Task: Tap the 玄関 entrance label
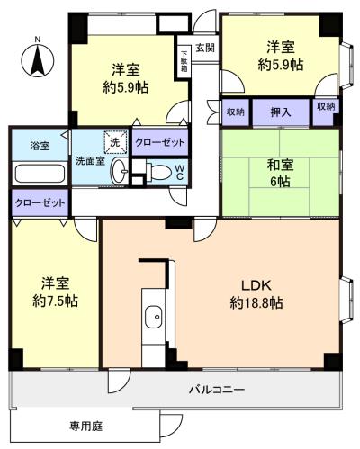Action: [205, 48]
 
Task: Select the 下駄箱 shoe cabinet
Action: [184, 60]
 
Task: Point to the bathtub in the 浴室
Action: [40, 173]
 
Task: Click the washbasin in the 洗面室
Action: [119, 170]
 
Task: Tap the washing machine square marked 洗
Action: [115, 141]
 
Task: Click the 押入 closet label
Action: [281, 112]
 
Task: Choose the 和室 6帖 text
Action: [281, 173]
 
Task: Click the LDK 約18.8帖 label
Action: [256, 294]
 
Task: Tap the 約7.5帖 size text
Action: [55, 301]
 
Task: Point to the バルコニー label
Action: [217, 390]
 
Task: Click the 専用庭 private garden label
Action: [86, 426]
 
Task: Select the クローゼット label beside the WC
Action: [160, 142]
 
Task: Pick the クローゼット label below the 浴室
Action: [40, 203]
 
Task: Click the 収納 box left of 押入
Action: [236, 112]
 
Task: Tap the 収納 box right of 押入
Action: [326, 106]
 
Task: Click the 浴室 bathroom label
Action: [40, 147]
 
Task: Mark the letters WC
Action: [179, 173]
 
